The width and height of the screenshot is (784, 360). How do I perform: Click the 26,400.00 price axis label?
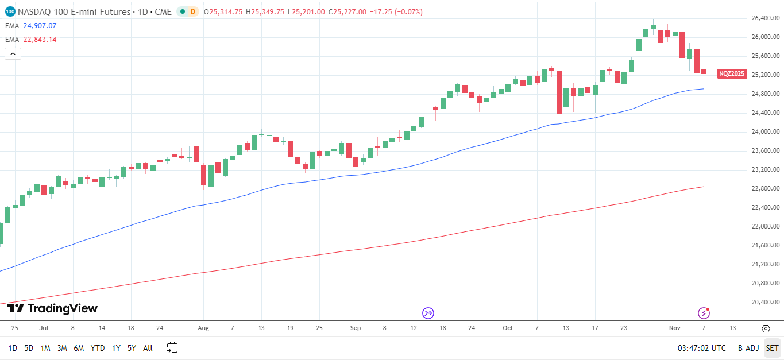(765, 18)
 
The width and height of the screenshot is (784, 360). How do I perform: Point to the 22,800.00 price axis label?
(765, 188)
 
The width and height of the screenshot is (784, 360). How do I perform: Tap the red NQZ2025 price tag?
(731, 73)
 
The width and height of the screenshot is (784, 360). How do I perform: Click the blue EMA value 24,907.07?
(40, 25)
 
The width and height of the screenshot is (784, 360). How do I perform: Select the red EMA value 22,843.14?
(40, 39)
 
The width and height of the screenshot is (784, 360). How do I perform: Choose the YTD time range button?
(98, 348)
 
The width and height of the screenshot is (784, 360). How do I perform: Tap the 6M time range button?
(79, 348)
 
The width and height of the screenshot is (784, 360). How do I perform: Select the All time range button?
(148, 348)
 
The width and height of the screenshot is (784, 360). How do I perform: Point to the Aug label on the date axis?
(203, 328)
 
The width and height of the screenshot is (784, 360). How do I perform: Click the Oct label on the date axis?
(507, 328)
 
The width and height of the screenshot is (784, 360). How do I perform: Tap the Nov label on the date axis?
(674, 328)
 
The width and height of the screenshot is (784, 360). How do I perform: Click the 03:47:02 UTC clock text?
(701, 348)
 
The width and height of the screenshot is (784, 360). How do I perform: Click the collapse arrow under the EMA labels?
(13, 54)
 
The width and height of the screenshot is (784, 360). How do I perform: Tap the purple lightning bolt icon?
(704, 313)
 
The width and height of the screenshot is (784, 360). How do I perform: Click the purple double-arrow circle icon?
(428, 313)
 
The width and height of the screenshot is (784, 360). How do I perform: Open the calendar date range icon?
(172, 348)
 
